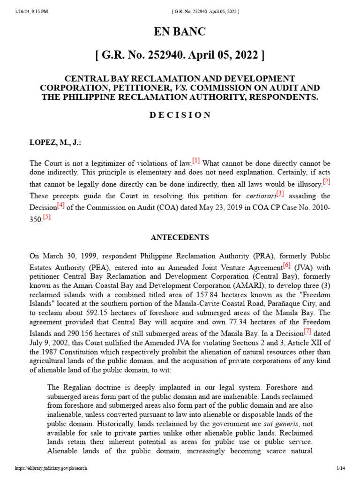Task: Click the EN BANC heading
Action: point(180,32)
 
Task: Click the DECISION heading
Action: point(180,115)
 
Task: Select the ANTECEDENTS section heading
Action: point(180,238)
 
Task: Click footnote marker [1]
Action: point(196,161)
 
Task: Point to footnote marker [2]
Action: point(326,181)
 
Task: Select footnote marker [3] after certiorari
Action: point(280,194)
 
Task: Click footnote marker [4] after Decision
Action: point(61,205)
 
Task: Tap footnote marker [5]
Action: point(46,217)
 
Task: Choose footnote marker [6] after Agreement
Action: point(286,266)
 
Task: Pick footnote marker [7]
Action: point(307,331)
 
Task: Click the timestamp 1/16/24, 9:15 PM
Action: point(31,11)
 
